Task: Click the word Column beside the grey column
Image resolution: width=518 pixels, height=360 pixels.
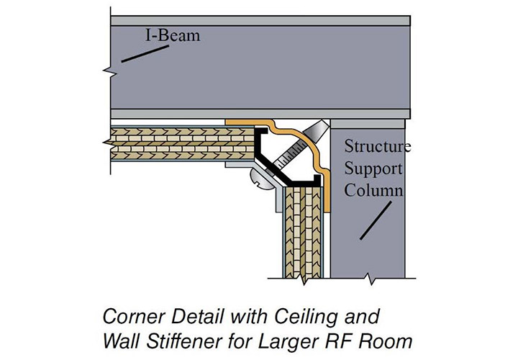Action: [372, 191]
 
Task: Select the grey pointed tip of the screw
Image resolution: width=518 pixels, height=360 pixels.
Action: [315, 130]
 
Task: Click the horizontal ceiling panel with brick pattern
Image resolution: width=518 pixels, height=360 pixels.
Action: [180, 144]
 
